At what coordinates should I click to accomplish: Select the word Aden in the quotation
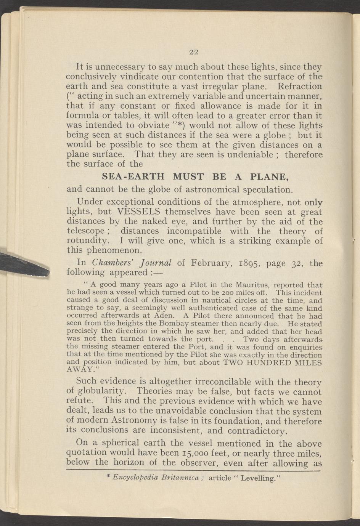point(167,316)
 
